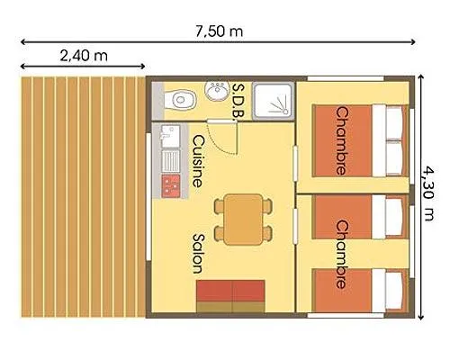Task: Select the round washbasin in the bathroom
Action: pyautogui.click(x=217, y=92)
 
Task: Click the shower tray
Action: pyautogui.click(x=272, y=102)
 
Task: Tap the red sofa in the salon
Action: pyautogui.click(x=232, y=292)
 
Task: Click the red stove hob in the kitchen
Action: pyautogui.click(x=169, y=184)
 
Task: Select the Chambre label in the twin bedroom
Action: pyautogui.click(x=341, y=254)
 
